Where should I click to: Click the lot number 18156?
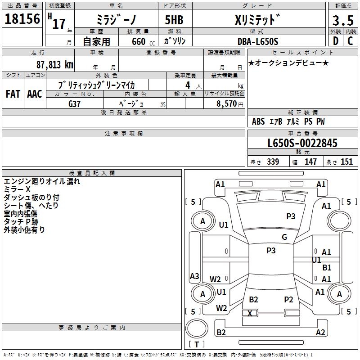tap(22, 19)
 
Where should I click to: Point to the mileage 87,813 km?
tap(53, 64)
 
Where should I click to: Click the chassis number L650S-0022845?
tap(302, 144)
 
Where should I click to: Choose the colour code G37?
tap(75, 103)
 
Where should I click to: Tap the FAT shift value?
tap(13, 94)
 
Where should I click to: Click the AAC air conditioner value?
tap(35, 94)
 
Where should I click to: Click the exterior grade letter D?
tap(335, 41)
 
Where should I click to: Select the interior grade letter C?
tap(350, 41)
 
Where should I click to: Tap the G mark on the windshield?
tap(284, 237)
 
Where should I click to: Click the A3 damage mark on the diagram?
tap(194, 276)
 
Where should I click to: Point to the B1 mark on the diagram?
tap(327, 268)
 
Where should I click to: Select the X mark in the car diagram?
tap(250, 313)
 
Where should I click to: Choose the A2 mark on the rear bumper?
tap(320, 333)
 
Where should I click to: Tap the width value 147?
tap(311, 162)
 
